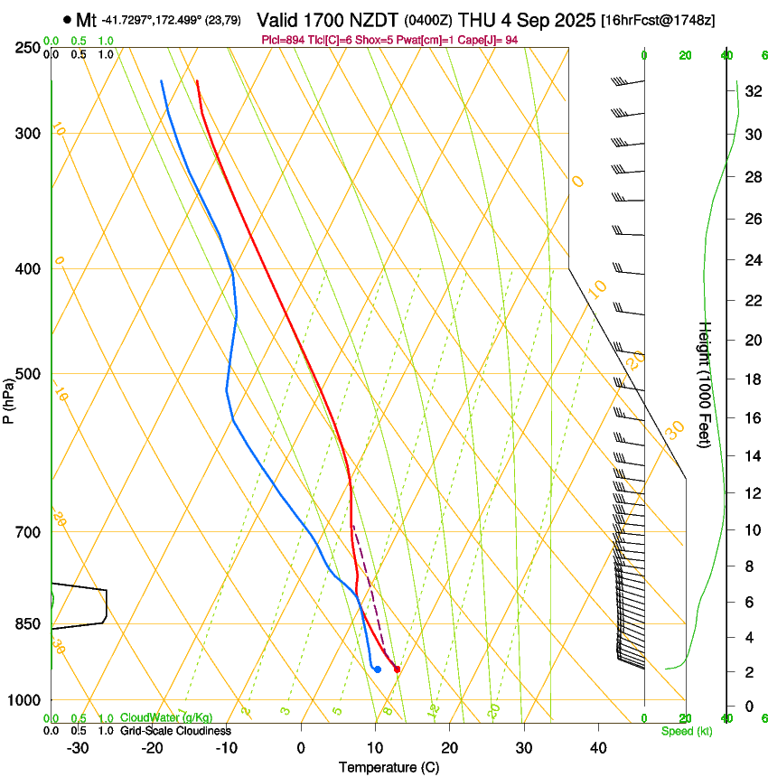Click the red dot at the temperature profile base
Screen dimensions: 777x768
pyautogui.click(x=397, y=669)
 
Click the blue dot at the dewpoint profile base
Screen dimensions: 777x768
pyautogui.click(x=377, y=669)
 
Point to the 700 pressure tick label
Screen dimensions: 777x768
pyautogui.click(x=27, y=532)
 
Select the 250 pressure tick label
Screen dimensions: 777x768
pyautogui.click(x=27, y=48)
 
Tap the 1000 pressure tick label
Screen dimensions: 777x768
pyautogui.click(x=24, y=700)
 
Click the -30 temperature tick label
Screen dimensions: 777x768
pyautogui.click(x=77, y=748)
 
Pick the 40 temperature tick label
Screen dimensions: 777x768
pyautogui.click(x=597, y=748)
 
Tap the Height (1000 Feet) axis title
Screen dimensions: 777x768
pyautogui.click(x=706, y=384)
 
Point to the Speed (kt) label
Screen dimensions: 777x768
pyautogui.click(x=686, y=731)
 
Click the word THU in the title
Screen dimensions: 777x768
pyautogui.click(x=476, y=20)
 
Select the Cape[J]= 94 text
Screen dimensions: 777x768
pyautogui.click(x=480, y=40)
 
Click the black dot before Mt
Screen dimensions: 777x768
pyautogui.click(x=68, y=20)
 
